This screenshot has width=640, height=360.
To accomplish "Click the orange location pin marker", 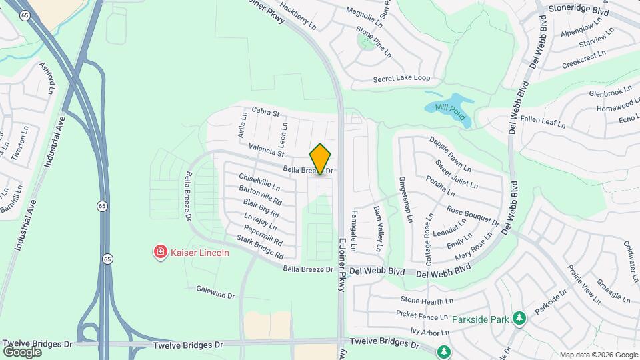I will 321,159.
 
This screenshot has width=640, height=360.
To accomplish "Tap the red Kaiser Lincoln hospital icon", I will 160,253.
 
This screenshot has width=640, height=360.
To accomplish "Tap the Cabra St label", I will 265,112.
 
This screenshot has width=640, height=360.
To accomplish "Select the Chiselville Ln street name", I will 259,182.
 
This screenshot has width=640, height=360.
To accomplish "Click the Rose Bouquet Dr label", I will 473,215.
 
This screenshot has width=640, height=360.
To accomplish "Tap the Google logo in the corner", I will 22,351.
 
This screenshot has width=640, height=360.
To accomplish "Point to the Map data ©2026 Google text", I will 598,355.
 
